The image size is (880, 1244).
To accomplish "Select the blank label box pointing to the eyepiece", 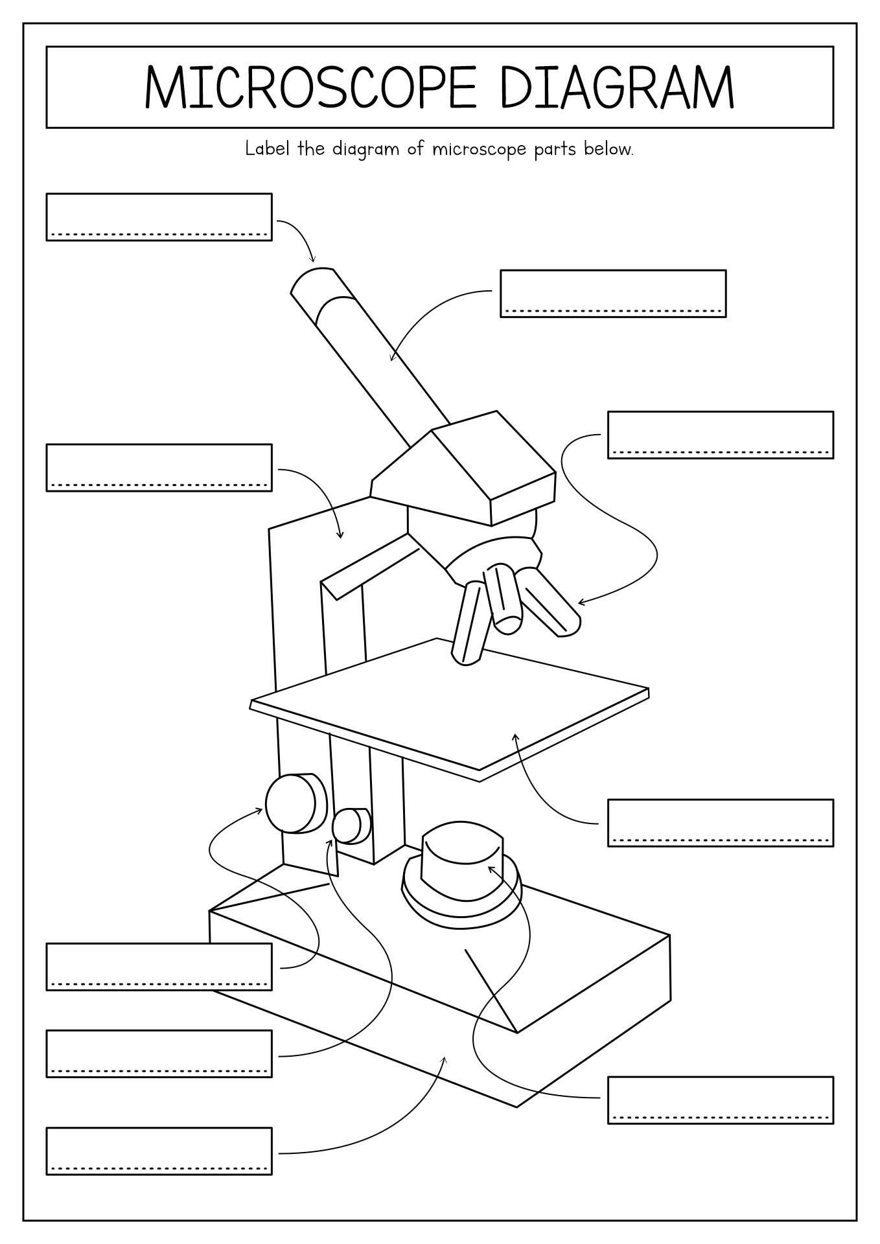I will pos(159,216).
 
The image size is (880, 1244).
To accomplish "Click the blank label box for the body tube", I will pos(612,293).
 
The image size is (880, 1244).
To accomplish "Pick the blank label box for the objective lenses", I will pos(720,434).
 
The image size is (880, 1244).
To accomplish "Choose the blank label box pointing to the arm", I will pos(159,467).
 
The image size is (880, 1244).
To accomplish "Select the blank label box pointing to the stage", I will pos(720,822).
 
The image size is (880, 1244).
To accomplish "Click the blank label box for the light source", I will pos(720,1100).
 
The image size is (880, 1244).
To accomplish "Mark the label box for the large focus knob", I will pos(159,966).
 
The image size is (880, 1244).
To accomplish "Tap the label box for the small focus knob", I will pos(159,1053).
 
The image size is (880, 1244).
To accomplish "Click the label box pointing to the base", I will pos(159,1151).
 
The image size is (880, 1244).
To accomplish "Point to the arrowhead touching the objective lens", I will pos(580,603).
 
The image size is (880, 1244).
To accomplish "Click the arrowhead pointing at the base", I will pos(445,1059).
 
